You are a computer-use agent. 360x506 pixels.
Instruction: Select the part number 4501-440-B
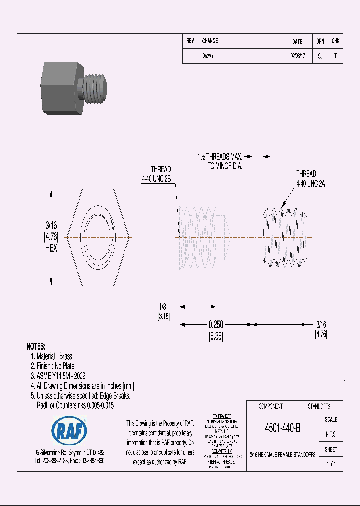(282, 428)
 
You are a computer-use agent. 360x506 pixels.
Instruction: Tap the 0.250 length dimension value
(216, 325)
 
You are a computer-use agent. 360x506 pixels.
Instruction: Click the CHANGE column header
(210, 41)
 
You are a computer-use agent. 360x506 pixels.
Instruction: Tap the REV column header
(190, 41)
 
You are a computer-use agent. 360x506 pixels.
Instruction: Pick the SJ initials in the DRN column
(320, 56)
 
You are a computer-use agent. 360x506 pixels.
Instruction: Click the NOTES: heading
(36, 346)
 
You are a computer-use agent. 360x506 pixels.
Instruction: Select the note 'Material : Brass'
(51, 356)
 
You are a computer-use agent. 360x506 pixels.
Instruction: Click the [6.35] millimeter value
(216, 336)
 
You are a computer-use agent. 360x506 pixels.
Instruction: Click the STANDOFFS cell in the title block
(318, 406)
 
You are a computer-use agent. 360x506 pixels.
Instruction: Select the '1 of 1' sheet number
(331, 464)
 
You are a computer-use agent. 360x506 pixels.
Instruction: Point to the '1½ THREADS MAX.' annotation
(220, 156)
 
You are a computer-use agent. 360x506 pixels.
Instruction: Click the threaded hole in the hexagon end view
(98, 236)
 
